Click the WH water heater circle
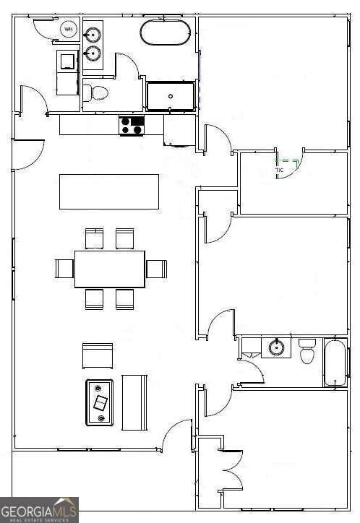coord(69,30)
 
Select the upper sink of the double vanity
coord(93,35)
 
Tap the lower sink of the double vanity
coord(93,53)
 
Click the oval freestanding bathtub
coord(166,33)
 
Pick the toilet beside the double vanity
coord(95,92)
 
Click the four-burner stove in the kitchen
coord(132,126)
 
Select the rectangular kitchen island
coord(109,191)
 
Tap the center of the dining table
coord(110,269)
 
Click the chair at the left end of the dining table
coord(64,269)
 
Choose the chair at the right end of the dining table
coord(157,269)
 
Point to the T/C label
coord(279,170)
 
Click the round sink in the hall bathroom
coord(276,347)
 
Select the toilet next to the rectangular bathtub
coord(307,352)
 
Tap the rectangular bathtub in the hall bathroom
coord(336,363)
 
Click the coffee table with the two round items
coord(100,402)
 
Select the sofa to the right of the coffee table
coord(134,402)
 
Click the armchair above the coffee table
coord(98,355)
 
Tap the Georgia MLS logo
coord(39,509)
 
